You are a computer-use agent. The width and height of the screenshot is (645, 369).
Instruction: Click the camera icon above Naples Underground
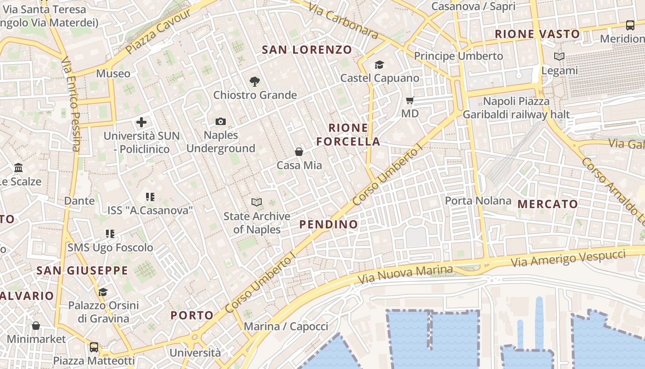tap(221, 122)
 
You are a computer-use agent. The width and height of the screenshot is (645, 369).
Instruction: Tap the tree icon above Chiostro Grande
tap(254, 82)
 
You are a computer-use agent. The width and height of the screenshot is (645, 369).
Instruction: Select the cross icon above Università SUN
tap(141, 122)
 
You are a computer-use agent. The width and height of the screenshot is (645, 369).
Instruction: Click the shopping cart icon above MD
tap(410, 100)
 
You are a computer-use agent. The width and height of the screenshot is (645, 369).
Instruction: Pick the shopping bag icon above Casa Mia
tap(299, 152)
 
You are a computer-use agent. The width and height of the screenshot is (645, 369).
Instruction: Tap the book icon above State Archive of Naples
tap(257, 202)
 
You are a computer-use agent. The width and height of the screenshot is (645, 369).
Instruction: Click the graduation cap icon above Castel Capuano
tap(379, 65)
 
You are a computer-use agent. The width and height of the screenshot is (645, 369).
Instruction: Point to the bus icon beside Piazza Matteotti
tap(94, 347)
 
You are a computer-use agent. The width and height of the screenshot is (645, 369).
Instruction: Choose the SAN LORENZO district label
tap(307, 50)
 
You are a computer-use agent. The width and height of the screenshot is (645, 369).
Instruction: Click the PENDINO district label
tap(328, 225)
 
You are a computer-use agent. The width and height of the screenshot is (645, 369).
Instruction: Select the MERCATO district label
tap(547, 204)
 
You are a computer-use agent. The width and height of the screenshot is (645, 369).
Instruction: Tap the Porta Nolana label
tap(478, 201)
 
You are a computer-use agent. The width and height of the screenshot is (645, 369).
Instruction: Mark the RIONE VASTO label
tap(537, 34)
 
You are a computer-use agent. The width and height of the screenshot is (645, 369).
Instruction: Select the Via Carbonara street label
tap(343, 21)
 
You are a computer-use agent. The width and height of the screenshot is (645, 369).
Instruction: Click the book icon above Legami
tap(559, 57)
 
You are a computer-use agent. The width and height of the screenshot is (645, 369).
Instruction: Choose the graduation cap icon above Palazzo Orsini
tap(103, 292)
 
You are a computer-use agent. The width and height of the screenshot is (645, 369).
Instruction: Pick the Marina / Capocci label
tap(286, 327)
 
